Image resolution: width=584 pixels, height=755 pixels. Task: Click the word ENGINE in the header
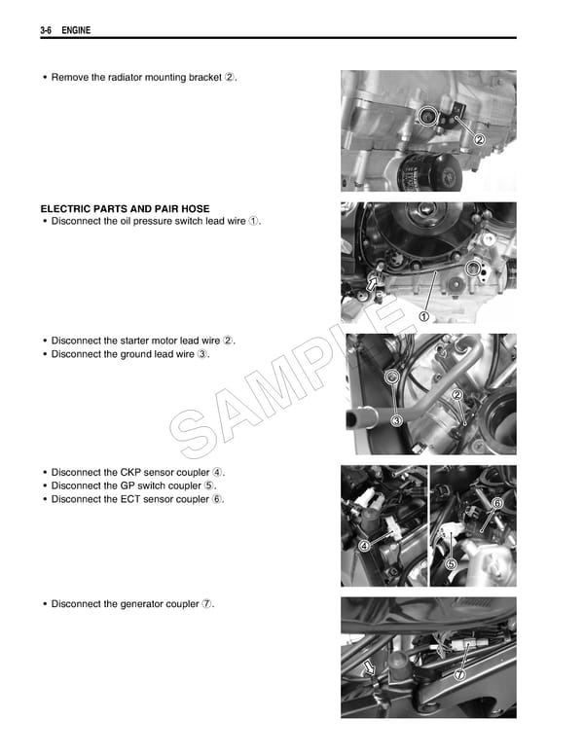tap(76, 31)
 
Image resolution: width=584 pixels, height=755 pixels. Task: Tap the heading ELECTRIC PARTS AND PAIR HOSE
tap(125, 209)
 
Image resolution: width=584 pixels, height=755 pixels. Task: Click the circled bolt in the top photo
tap(426, 117)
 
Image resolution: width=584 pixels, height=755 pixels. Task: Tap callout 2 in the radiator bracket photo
tap(479, 139)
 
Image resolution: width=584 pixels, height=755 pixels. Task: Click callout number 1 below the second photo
tap(424, 316)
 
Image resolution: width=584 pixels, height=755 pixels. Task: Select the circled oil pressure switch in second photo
tap(473, 270)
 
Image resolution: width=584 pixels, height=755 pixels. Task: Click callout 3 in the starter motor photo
tap(396, 420)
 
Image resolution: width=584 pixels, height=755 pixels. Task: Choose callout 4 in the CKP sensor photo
tap(364, 546)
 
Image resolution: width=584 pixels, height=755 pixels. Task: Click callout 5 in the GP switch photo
tap(451, 563)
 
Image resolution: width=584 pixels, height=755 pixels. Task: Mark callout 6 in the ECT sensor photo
tap(497, 502)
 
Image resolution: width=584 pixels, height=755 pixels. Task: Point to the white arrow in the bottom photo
tap(370, 668)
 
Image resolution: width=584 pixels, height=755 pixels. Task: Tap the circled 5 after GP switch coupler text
tap(210, 485)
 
